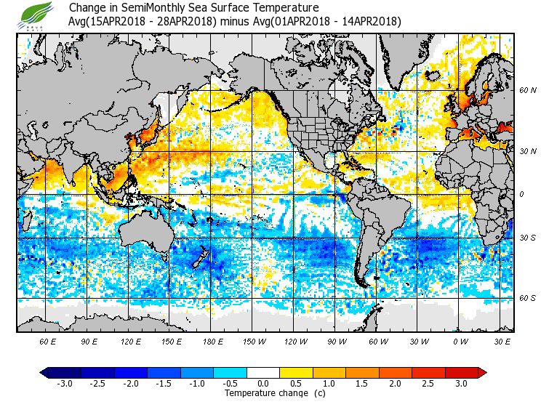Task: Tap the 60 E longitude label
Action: pyautogui.click(x=47, y=340)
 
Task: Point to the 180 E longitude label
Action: pyautogui.click(x=213, y=340)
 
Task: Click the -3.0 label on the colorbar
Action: pyautogui.click(x=64, y=383)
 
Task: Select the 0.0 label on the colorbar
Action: pyautogui.click(x=263, y=383)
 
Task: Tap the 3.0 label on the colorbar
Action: pyautogui.click(x=461, y=383)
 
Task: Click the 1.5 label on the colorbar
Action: pyautogui.click(x=362, y=383)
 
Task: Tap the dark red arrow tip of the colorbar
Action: pyautogui.click(x=482, y=372)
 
